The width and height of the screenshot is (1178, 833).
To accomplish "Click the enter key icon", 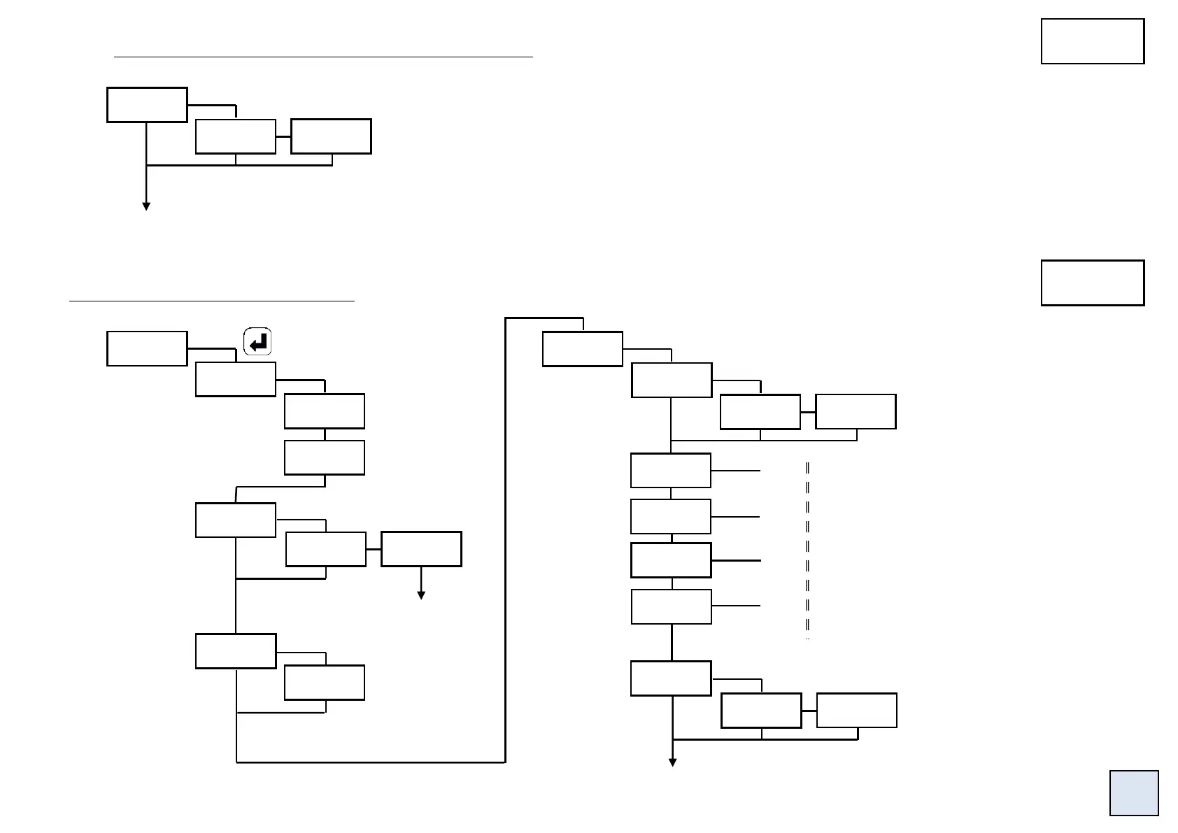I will point(257,342).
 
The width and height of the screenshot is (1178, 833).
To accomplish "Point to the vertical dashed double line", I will point(807,549).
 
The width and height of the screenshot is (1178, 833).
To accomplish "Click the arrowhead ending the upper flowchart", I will point(146,206).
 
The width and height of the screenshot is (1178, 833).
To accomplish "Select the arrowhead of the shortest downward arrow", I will point(421,595).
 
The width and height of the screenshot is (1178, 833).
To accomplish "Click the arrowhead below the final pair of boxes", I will point(672,762).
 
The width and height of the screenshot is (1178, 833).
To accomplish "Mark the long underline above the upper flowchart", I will point(323,56).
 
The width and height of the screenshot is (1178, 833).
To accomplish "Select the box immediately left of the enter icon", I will point(147,348).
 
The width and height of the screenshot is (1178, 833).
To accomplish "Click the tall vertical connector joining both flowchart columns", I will point(505,539).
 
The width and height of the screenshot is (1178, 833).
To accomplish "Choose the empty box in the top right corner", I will point(1092,41).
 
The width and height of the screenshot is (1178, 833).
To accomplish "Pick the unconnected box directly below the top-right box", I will point(1092,283).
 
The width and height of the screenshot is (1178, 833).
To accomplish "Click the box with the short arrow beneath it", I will point(421,549).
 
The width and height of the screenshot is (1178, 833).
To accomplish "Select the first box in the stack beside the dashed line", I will point(671,470).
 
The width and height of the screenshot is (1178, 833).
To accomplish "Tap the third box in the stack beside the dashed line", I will point(671,560).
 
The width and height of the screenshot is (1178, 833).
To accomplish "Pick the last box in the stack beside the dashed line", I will point(672,606).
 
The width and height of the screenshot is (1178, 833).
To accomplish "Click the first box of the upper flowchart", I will point(147,105).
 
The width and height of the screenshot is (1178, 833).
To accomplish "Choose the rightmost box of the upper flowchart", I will point(331,136).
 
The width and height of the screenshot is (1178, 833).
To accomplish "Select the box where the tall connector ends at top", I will point(583,349).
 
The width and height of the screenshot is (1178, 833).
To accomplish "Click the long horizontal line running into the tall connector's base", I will point(371,762).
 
